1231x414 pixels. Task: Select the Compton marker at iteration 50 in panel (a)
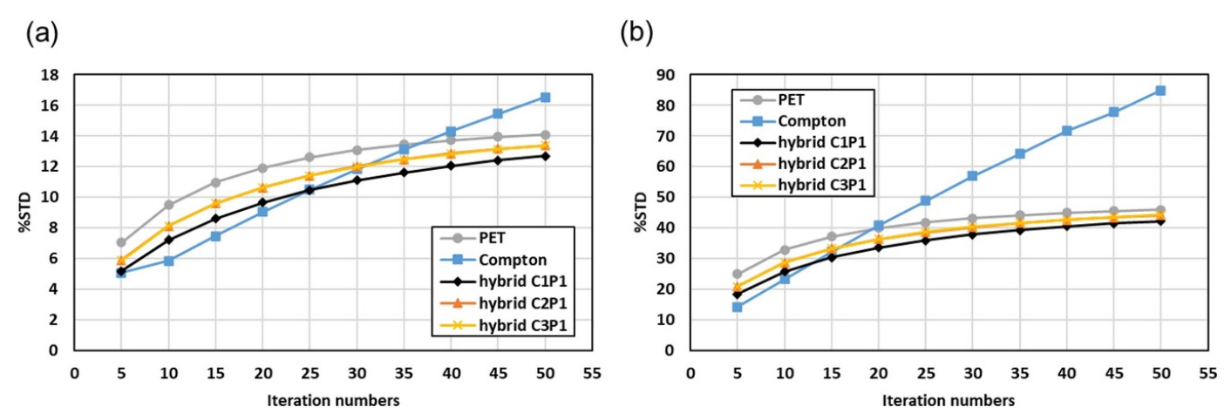pyautogui.click(x=545, y=97)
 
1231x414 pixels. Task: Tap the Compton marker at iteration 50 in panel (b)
pyautogui.click(x=1160, y=90)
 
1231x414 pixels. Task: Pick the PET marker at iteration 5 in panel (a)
pyautogui.click(x=121, y=242)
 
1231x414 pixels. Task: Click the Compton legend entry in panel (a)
pyautogui.click(x=512, y=260)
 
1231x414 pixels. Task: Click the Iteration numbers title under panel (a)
pyautogui.click(x=334, y=400)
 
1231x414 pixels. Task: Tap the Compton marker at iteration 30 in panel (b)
pyautogui.click(x=972, y=176)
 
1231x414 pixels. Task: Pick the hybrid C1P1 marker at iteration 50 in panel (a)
pyautogui.click(x=545, y=156)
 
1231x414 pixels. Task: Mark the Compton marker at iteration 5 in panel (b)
pyautogui.click(x=737, y=307)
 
